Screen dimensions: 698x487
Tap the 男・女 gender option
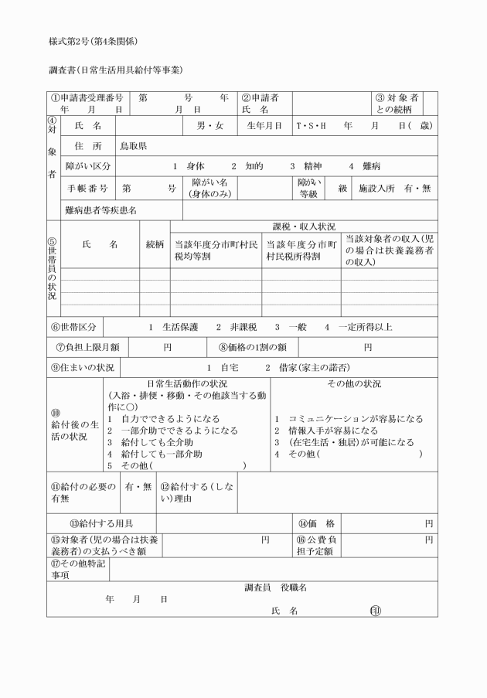pyautogui.click(x=209, y=125)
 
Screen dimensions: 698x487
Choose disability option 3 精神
pyautogui.click(x=307, y=166)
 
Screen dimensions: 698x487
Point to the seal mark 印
pyautogui.click(x=375, y=611)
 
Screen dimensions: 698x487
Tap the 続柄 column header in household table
pyautogui.click(x=155, y=244)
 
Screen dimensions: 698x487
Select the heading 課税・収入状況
pyautogui.click(x=304, y=226)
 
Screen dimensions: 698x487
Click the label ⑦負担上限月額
pyautogui.click(x=88, y=347)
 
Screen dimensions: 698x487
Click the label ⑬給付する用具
pyautogui.click(x=101, y=523)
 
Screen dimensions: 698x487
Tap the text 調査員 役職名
pyautogui.click(x=276, y=587)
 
